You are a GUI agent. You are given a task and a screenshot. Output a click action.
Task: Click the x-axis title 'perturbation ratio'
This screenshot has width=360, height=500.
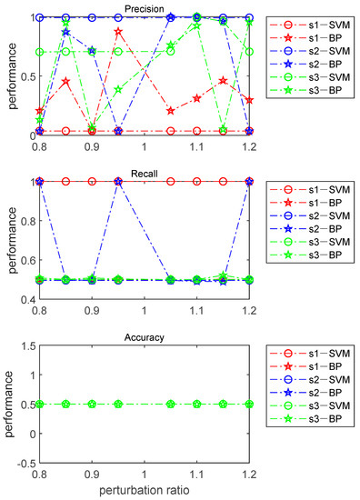145,491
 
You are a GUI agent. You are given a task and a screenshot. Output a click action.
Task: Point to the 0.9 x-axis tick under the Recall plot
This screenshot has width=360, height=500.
92,311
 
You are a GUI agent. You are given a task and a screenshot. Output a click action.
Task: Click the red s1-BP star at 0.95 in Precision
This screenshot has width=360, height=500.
118,32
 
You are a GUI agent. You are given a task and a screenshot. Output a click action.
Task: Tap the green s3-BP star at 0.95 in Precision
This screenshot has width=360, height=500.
118,89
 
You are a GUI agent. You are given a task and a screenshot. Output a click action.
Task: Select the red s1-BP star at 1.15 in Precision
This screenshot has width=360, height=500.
224,81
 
